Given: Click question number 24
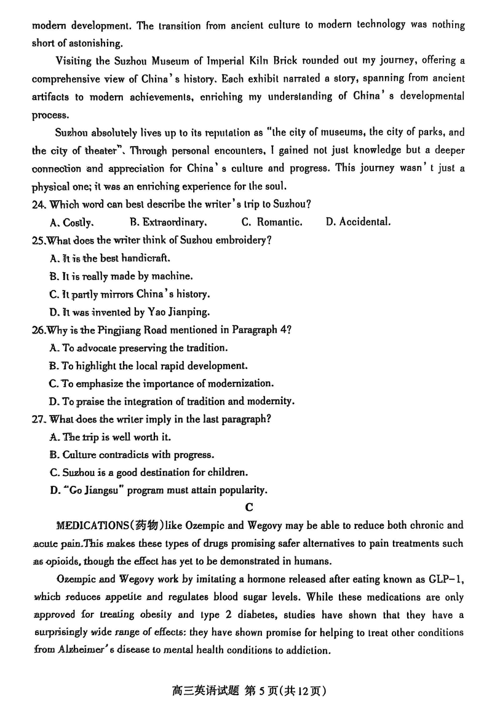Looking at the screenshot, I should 38,205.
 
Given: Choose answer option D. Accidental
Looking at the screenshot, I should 358,222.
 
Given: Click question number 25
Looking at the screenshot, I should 38,240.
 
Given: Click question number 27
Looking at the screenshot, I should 38,419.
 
